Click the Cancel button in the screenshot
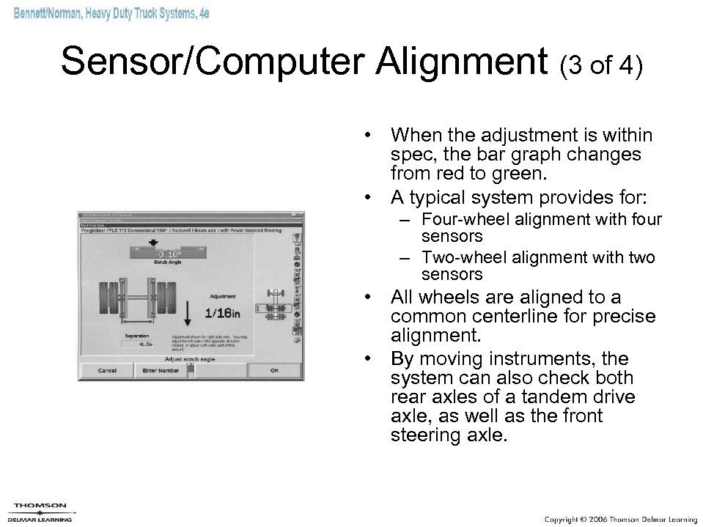(107, 370)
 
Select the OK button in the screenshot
(273, 370)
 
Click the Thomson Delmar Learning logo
(41, 511)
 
